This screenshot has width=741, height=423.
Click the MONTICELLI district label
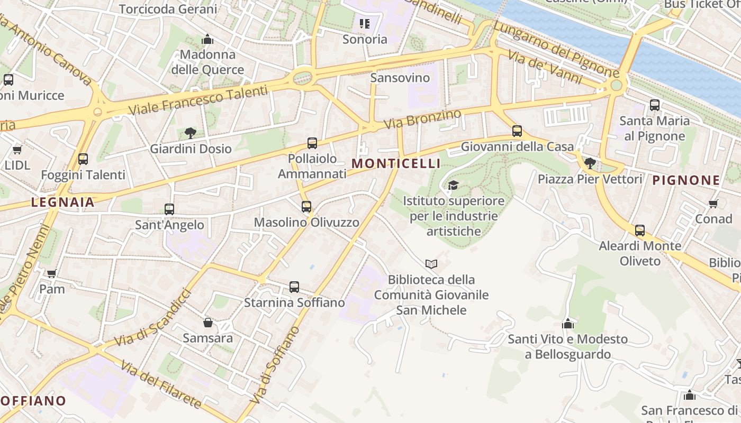pos(396,163)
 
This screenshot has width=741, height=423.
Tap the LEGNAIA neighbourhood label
pos(63,202)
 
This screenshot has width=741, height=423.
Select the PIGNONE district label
pos(686,180)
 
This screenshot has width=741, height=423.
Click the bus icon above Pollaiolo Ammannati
pos(312,143)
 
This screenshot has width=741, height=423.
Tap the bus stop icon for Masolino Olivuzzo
pos(306,207)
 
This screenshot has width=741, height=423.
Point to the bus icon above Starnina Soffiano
pos(294,287)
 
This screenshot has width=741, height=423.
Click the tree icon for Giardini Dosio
pos(191,133)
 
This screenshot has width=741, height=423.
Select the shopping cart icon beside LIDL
pos(17,150)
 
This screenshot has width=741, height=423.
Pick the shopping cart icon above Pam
pos(52,273)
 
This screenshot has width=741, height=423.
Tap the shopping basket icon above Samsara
pos(208,322)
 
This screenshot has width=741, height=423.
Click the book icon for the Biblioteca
pos(431,264)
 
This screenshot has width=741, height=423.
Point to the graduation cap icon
pos(453,185)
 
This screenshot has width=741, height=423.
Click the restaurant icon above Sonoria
pos(365,23)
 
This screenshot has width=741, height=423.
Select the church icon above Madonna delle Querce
pos(207,39)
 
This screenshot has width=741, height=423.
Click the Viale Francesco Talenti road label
pos(198,101)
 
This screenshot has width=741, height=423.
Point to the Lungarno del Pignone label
pos(556,49)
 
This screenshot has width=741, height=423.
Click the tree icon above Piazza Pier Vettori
pos(590,163)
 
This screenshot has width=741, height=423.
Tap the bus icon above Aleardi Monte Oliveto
pos(640,230)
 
